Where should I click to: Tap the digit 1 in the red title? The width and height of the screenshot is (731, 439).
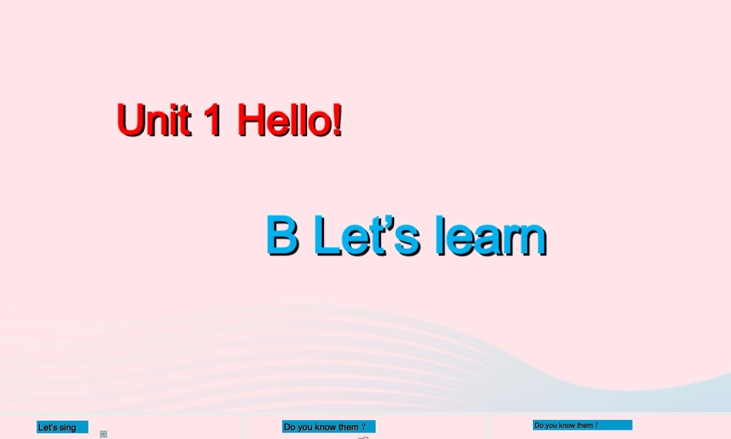[213, 121]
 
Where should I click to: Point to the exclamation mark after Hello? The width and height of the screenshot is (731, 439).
[336, 121]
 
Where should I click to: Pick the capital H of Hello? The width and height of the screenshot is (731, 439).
[252, 121]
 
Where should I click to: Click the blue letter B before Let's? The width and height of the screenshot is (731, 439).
[282, 236]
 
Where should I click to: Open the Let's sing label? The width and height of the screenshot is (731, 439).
[62, 427]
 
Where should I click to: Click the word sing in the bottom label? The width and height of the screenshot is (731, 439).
[67, 428]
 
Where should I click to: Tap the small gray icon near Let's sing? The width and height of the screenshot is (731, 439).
[103, 434]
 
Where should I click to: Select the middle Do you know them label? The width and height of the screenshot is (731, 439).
[328, 427]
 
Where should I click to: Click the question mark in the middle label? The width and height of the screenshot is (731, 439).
[363, 427]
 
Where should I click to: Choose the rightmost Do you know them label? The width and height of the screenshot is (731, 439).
[582, 425]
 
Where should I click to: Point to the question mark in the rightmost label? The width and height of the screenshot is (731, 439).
[596, 425]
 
